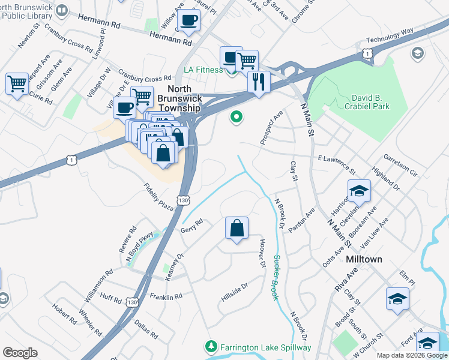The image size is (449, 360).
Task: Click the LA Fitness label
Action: (203, 70)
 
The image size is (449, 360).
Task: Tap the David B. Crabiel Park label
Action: (360, 101)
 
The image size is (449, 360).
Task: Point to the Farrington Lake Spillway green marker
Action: (211, 347)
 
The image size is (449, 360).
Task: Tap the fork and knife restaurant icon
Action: (259, 81)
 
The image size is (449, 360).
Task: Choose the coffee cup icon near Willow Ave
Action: (188, 20)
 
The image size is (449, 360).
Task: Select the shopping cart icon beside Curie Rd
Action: (17, 83)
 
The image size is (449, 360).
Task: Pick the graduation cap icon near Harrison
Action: (359, 191)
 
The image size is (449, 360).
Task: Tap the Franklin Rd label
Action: (166, 297)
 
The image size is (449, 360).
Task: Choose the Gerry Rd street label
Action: (192, 226)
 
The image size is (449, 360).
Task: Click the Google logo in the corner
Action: (20, 353)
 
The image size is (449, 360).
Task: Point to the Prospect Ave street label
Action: (271, 127)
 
